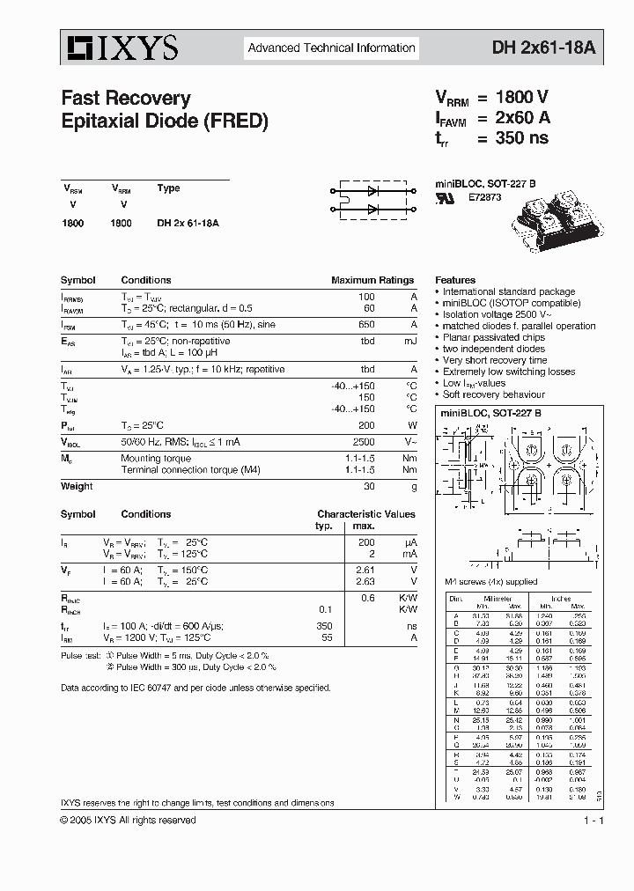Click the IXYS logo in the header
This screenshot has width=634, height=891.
coord(120,48)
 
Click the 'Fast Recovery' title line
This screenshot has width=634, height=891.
coord(125,98)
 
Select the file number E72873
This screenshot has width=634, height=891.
coord(484,198)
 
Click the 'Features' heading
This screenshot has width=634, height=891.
coord(455,280)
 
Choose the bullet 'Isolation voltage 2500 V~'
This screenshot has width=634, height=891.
coord(498,314)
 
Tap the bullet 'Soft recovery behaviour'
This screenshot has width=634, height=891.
coord(493,394)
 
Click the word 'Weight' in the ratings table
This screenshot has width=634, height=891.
coord(77,486)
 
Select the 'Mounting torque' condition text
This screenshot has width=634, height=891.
coord(156,458)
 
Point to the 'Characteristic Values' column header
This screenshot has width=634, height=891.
coord(365,514)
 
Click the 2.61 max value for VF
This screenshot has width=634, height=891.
coord(364,571)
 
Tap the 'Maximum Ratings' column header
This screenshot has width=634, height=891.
coord(372,280)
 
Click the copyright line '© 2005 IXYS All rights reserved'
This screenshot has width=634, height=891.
coord(129,820)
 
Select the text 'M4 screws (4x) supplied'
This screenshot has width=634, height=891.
coord(491,583)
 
